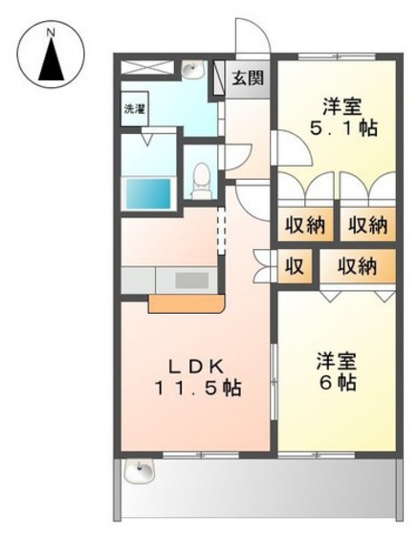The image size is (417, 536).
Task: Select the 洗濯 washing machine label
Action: [x=134, y=110]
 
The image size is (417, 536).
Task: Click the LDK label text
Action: [x=197, y=366]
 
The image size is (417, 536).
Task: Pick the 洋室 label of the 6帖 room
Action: [x=338, y=361]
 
